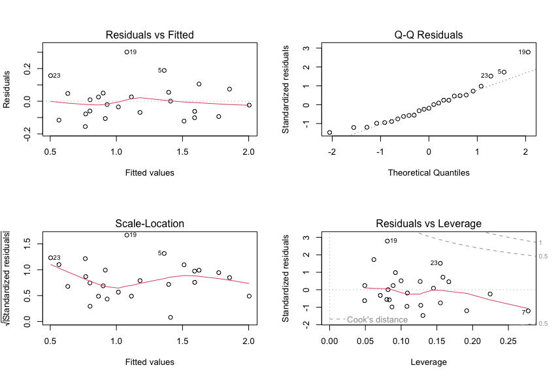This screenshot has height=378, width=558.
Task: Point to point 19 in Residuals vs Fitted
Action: [x=126, y=52]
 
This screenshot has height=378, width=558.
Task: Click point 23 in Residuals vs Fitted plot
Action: [x=50, y=76]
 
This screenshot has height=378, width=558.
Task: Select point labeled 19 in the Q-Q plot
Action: [x=528, y=52]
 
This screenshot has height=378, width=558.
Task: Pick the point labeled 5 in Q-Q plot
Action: [x=504, y=72]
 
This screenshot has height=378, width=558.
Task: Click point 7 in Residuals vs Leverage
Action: [x=528, y=311]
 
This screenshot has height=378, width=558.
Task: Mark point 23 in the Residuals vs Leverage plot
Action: [x=440, y=263]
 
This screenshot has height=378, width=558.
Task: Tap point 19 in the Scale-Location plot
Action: [x=126, y=235]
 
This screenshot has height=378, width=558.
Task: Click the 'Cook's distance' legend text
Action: [x=377, y=319]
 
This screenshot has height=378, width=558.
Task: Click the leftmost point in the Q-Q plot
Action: [x=329, y=133]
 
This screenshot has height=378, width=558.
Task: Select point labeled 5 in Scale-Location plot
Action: [x=164, y=253]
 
